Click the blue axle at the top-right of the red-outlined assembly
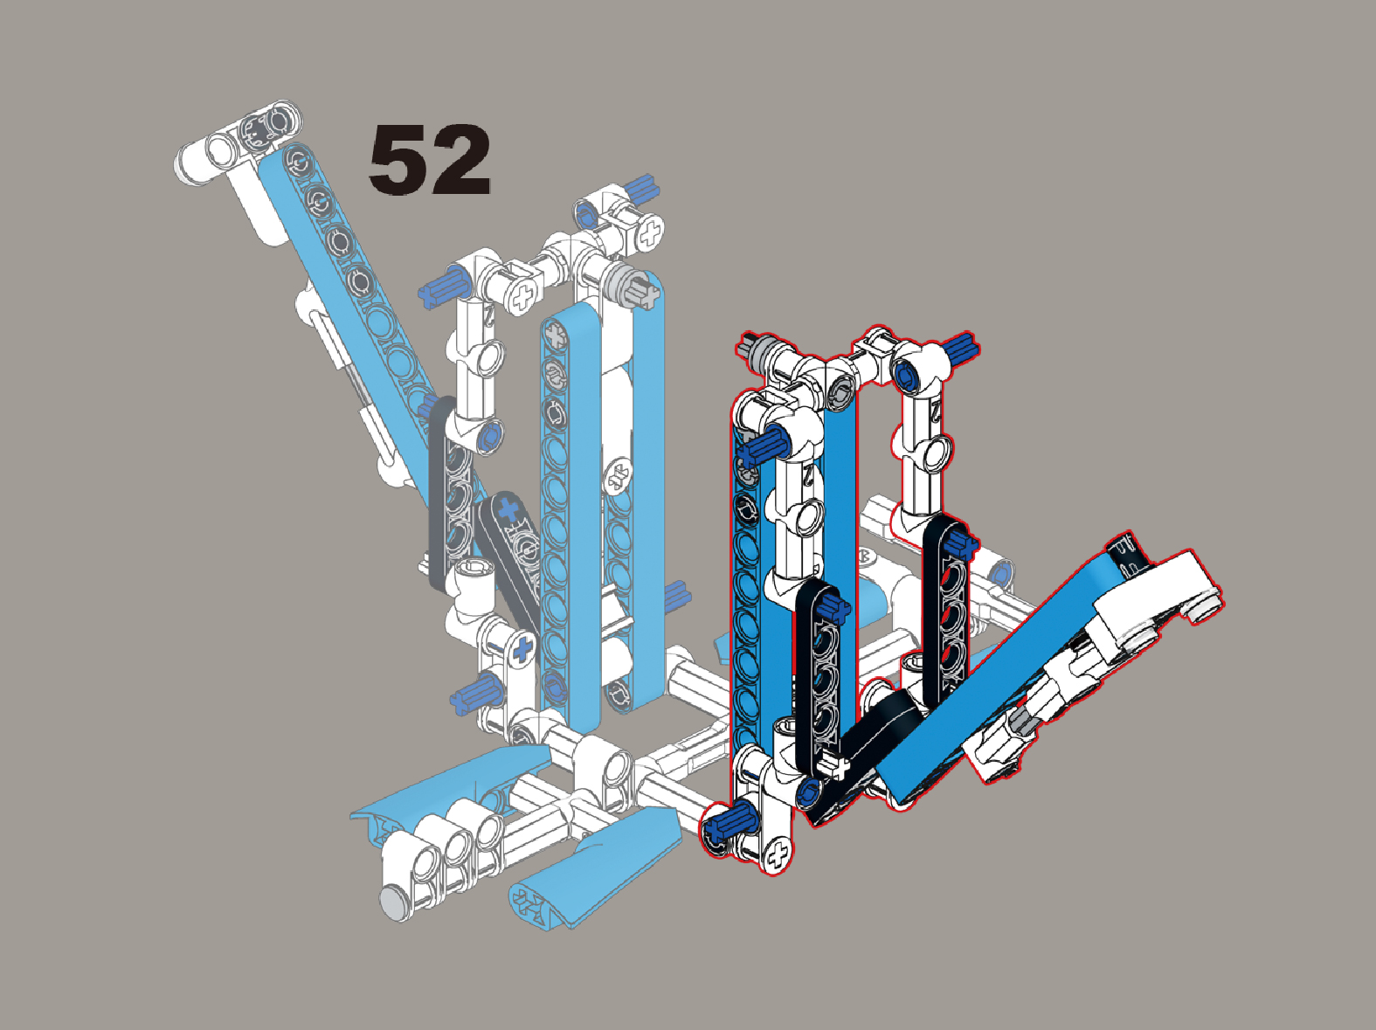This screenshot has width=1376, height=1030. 962,346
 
